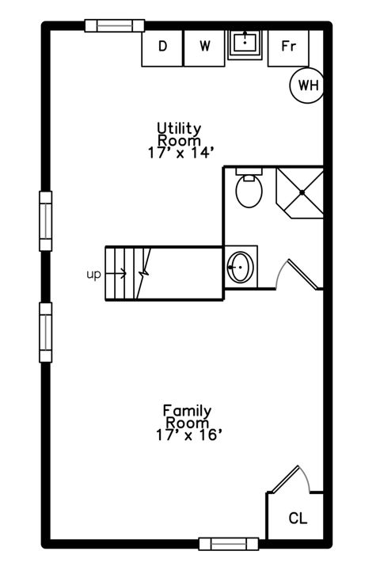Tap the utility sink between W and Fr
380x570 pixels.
click(x=246, y=44)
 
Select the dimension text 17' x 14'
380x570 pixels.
click(x=180, y=154)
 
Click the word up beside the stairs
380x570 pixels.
click(x=93, y=274)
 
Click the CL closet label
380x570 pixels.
click(x=298, y=519)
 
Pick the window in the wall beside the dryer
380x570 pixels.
click(x=114, y=25)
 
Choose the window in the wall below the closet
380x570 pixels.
click(x=228, y=543)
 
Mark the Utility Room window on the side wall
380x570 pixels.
click(x=46, y=221)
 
